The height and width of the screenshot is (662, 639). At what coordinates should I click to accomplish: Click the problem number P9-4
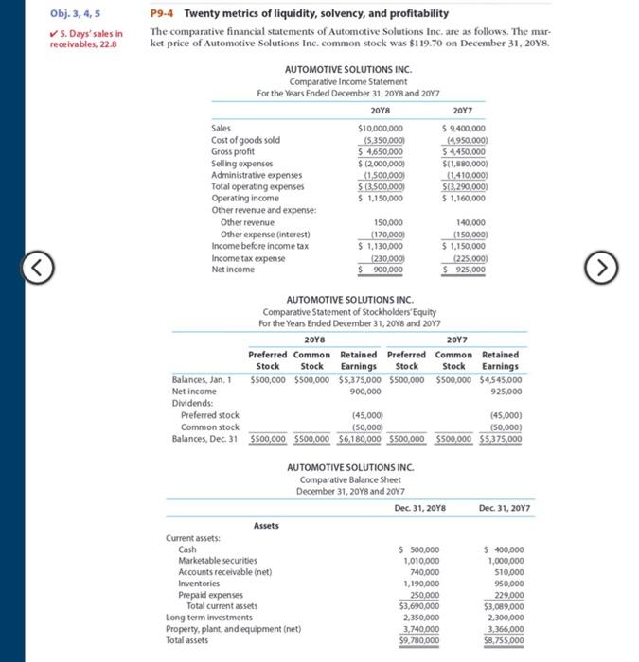coord(164,13)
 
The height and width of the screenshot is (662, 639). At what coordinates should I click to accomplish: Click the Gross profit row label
coord(232,151)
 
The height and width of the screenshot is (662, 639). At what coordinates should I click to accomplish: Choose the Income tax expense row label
coord(248,257)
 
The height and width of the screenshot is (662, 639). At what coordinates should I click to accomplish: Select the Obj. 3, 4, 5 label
coord(73,13)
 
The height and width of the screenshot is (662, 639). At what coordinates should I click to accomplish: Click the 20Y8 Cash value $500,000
coord(421,549)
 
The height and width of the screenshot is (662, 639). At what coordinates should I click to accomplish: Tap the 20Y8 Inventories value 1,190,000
coord(421,584)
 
